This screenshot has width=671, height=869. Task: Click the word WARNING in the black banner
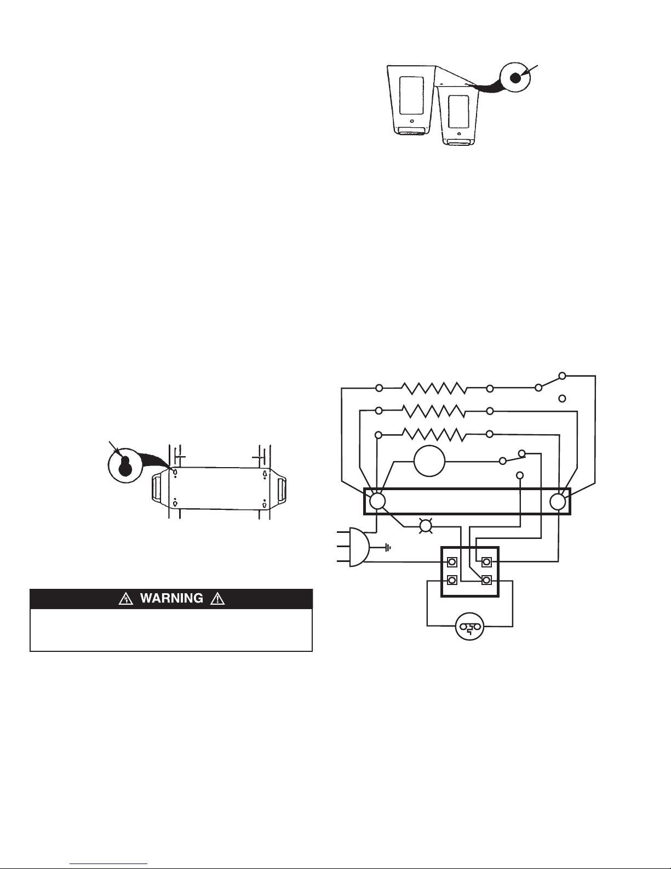point(171,598)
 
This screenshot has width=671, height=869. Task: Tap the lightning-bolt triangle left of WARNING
point(126,599)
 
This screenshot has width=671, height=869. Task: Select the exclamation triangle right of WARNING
point(217,599)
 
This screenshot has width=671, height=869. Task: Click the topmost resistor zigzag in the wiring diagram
point(434,388)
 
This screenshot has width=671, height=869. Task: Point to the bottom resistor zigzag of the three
point(434,434)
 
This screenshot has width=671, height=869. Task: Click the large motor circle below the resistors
point(429,461)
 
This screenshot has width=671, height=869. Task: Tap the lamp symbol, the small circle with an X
point(426,527)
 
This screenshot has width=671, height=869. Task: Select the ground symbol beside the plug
point(387,548)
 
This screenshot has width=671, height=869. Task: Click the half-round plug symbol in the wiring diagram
point(359,547)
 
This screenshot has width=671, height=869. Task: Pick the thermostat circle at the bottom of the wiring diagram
point(470,627)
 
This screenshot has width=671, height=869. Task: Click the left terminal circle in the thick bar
point(377,502)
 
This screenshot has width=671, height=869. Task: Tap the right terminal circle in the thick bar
point(558,502)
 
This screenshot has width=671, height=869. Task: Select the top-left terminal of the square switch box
point(452,562)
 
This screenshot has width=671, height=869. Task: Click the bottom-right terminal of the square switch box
point(486,580)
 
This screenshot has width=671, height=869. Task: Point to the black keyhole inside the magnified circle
point(125,466)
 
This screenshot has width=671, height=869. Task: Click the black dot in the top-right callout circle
point(515,78)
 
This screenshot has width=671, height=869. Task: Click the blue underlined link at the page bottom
point(108,864)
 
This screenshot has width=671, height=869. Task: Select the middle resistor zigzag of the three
point(434,411)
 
